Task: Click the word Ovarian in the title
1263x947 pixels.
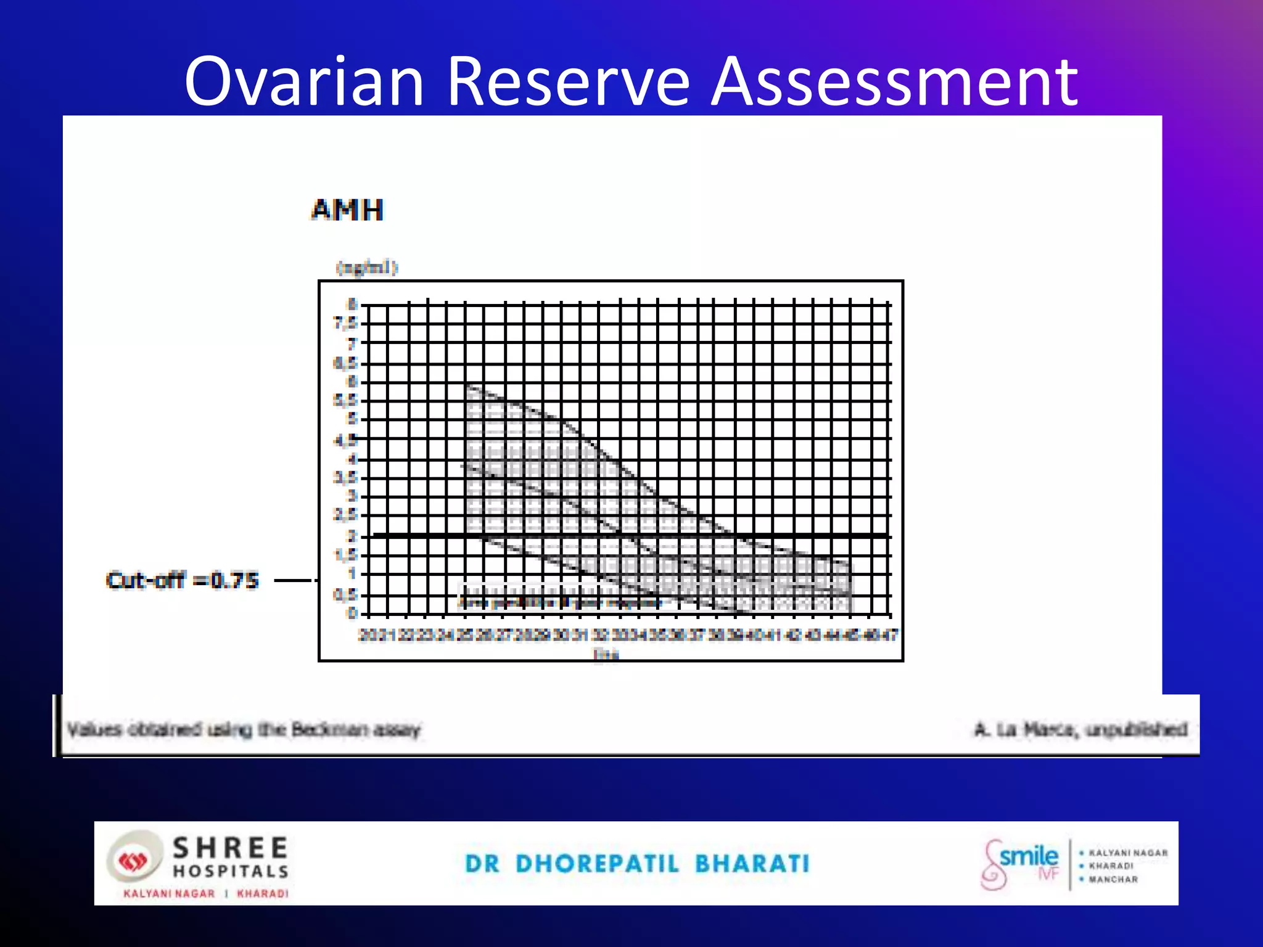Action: pos(304,81)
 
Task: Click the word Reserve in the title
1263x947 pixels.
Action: pos(567,81)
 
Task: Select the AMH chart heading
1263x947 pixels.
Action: pos(347,210)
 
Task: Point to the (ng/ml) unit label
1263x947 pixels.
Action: pos(367,268)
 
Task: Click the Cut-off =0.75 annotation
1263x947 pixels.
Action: pos(182,580)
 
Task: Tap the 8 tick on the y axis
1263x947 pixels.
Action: pos(352,304)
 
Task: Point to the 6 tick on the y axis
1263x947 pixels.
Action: pos(352,382)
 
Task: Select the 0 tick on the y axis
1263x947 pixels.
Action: pos(352,613)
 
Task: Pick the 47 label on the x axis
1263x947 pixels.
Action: pos(890,634)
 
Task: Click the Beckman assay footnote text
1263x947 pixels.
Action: pos(244,730)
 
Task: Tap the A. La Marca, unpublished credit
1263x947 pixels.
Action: pos(1080,730)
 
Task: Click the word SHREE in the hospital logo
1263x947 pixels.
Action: pos(230,848)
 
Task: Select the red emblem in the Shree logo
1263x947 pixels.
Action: pos(133,861)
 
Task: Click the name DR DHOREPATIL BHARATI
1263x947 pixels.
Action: pos(637,864)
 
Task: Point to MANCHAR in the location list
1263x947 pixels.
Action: pos(1113,880)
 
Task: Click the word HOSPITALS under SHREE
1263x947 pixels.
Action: pos(230,871)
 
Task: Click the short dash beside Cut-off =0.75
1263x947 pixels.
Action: pos(295,580)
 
